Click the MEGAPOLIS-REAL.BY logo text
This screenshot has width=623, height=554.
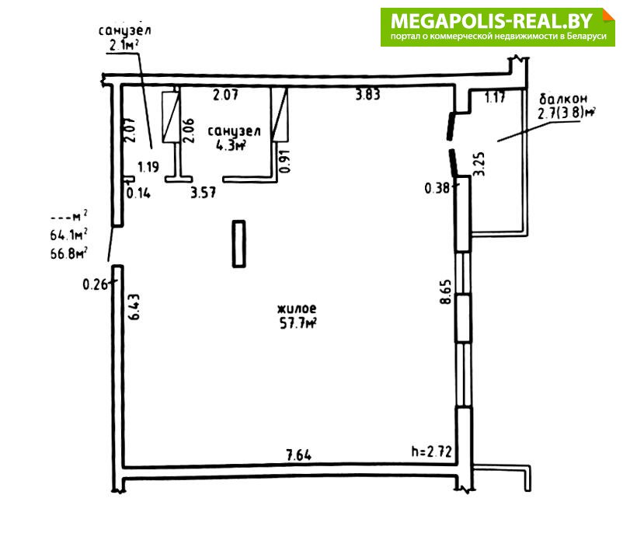492,21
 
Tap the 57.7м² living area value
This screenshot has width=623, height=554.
298,323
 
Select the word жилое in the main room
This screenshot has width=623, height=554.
297,308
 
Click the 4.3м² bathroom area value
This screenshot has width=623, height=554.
231,145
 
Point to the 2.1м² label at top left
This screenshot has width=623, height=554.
124,45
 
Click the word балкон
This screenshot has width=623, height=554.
563,99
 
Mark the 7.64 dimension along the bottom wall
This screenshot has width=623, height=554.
299,455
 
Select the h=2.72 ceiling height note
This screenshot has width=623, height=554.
431,451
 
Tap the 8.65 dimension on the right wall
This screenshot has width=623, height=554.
446,292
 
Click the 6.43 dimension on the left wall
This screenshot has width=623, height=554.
134,307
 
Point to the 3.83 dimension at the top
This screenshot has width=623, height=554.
367,95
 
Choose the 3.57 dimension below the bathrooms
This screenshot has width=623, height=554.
203,193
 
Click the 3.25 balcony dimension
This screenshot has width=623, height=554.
479,164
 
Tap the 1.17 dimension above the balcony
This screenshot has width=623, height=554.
495,97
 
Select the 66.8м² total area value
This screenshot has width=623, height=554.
68,253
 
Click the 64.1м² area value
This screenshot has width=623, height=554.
68,235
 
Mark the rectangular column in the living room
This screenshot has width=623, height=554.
238,244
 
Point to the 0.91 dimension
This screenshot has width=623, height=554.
285,161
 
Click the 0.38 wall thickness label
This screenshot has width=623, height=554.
437,187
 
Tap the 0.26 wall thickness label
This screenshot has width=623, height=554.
95,284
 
